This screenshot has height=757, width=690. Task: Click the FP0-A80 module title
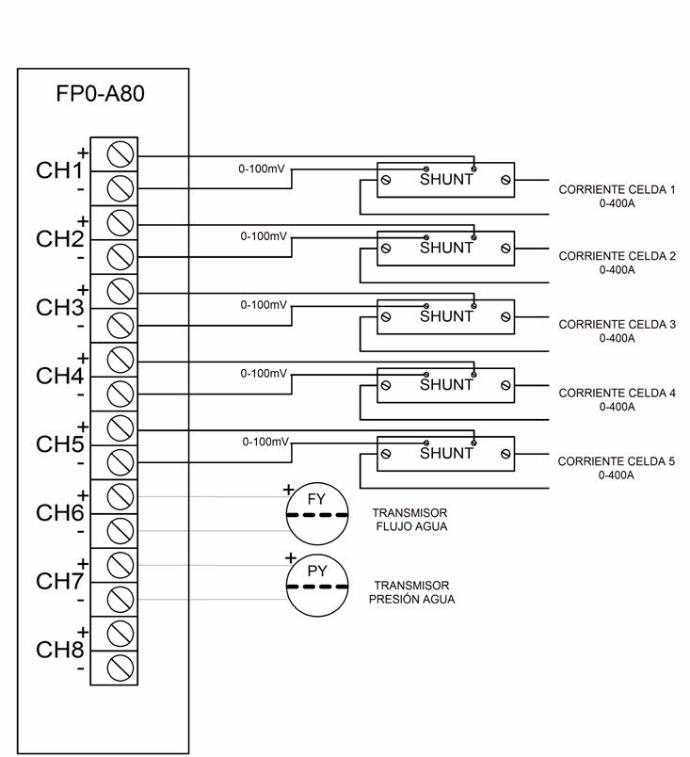click(x=101, y=93)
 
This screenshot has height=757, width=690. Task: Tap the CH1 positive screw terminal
click(x=120, y=154)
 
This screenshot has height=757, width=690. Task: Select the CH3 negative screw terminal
click(x=120, y=326)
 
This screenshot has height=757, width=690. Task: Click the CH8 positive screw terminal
click(x=120, y=634)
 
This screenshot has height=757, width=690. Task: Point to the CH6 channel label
click(x=60, y=513)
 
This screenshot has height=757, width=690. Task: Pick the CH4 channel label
click(x=60, y=376)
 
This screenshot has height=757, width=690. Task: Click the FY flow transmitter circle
click(x=317, y=513)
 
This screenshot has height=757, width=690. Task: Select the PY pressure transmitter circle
click(x=317, y=585)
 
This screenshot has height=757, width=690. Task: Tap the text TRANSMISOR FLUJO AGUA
click(x=410, y=520)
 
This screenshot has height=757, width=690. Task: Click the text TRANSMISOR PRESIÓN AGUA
click(x=411, y=592)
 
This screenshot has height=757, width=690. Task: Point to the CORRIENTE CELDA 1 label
click(x=618, y=189)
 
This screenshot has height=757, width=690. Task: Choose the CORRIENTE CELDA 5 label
click(x=617, y=461)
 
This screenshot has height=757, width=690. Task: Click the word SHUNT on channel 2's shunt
click(x=446, y=248)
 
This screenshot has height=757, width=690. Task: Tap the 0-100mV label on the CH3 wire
click(x=264, y=305)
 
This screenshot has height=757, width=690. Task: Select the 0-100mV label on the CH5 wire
click(x=265, y=442)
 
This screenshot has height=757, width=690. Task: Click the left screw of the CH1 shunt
click(x=386, y=180)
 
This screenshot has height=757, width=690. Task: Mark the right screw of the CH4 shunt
click(x=505, y=385)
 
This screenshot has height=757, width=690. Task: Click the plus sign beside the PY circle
click(x=291, y=558)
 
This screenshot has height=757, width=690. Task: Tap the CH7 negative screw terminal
click(x=120, y=599)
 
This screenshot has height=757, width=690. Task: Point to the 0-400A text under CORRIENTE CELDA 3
click(x=618, y=338)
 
